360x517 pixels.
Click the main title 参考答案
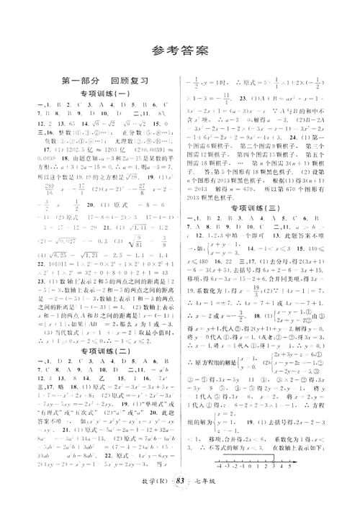pos(180,50)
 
